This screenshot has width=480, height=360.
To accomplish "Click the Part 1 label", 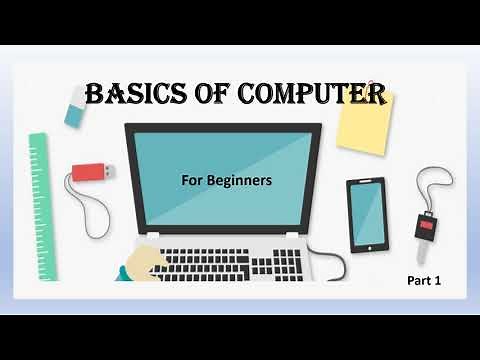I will click(424, 282).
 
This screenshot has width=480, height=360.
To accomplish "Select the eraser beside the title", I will click(77, 106).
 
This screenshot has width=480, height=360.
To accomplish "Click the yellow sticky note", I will click(364, 122).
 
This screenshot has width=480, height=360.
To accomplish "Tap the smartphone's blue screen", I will click(366, 214).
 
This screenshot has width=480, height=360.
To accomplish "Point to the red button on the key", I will click(427, 226).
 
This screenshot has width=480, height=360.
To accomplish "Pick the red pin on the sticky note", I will click(371, 86).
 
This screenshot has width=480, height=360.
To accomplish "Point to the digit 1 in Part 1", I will click(438, 282).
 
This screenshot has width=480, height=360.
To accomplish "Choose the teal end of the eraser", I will click(74, 115).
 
